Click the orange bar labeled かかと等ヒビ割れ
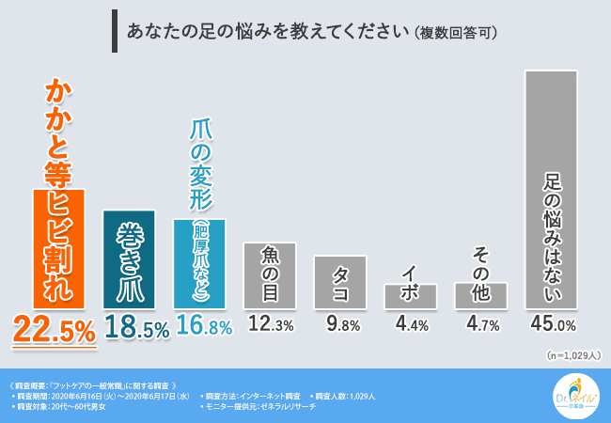tap(59, 249)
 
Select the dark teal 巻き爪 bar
tap(130, 259)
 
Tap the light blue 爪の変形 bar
tap(199, 264)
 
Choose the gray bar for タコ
tap(340, 282)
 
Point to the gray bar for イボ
tap(411, 296)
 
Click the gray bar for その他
tap(480, 295)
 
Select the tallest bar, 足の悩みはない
tap(551, 189)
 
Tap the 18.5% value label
tap(130, 327)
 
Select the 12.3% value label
tap(271, 325)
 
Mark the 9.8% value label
tap(341, 325)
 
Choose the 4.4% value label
tap(411, 325)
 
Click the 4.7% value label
tap(481, 325)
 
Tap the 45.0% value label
tap(552, 325)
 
